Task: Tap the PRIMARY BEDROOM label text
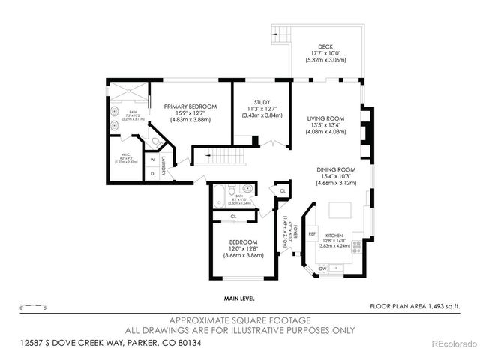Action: point(190,107)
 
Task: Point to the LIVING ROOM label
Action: point(325,118)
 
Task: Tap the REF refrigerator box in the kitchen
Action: point(312,234)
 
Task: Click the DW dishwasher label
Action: point(322,268)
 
